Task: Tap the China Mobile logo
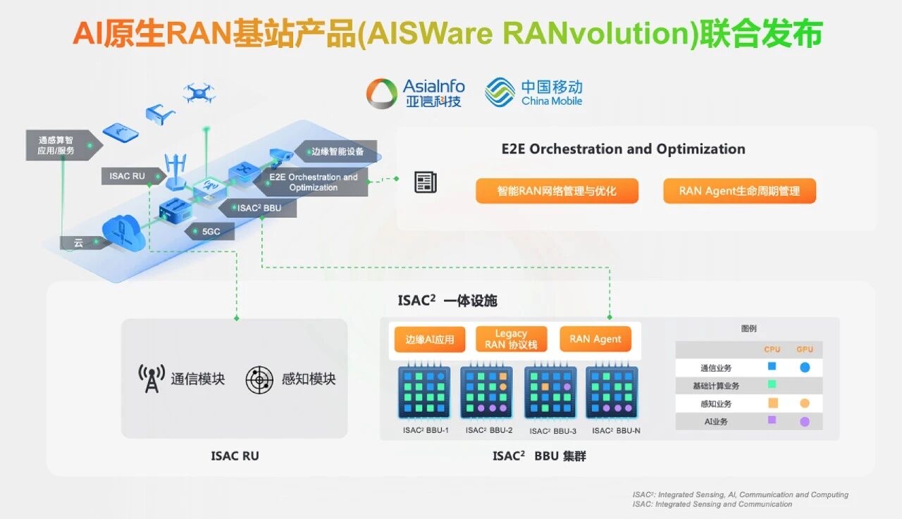click(533, 93)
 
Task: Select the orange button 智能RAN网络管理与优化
click(557, 191)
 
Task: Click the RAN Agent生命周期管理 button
click(739, 191)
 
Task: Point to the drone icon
click(199, 92)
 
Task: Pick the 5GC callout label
click(209, 231)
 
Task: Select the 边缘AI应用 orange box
click(429, 339)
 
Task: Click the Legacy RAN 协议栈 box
click(511, 339)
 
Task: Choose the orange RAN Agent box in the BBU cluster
click(595, 339)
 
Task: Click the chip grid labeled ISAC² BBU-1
click(424, 393)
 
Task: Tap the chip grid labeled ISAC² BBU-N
click(612, 393)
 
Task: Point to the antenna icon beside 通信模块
click(152, 379)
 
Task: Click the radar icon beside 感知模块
click(259, 380)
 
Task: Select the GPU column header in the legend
click(804, 349)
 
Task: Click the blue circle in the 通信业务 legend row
click(805, 367)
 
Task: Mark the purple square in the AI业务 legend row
click(772, 420)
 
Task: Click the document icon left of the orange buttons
click(425, 182)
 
